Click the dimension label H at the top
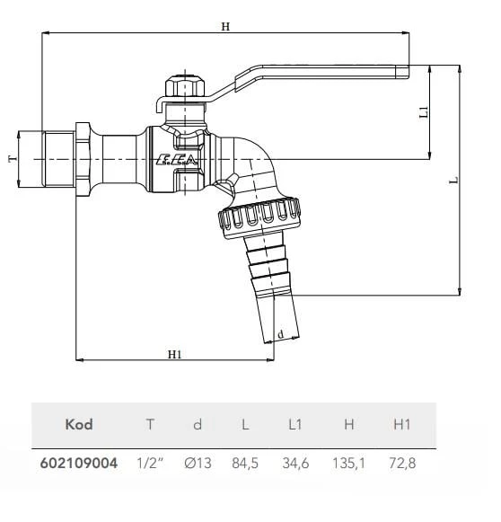[225, 26]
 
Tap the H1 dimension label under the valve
[175, 354]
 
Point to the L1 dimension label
[424, 112]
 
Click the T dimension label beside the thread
[12, 158]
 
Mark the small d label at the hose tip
[281, 334]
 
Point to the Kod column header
[79, 424]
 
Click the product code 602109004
[79, 464]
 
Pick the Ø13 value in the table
[198, 464]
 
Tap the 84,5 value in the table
[246, 464]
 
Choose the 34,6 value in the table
[297, 464]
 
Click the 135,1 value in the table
[348, 464]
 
